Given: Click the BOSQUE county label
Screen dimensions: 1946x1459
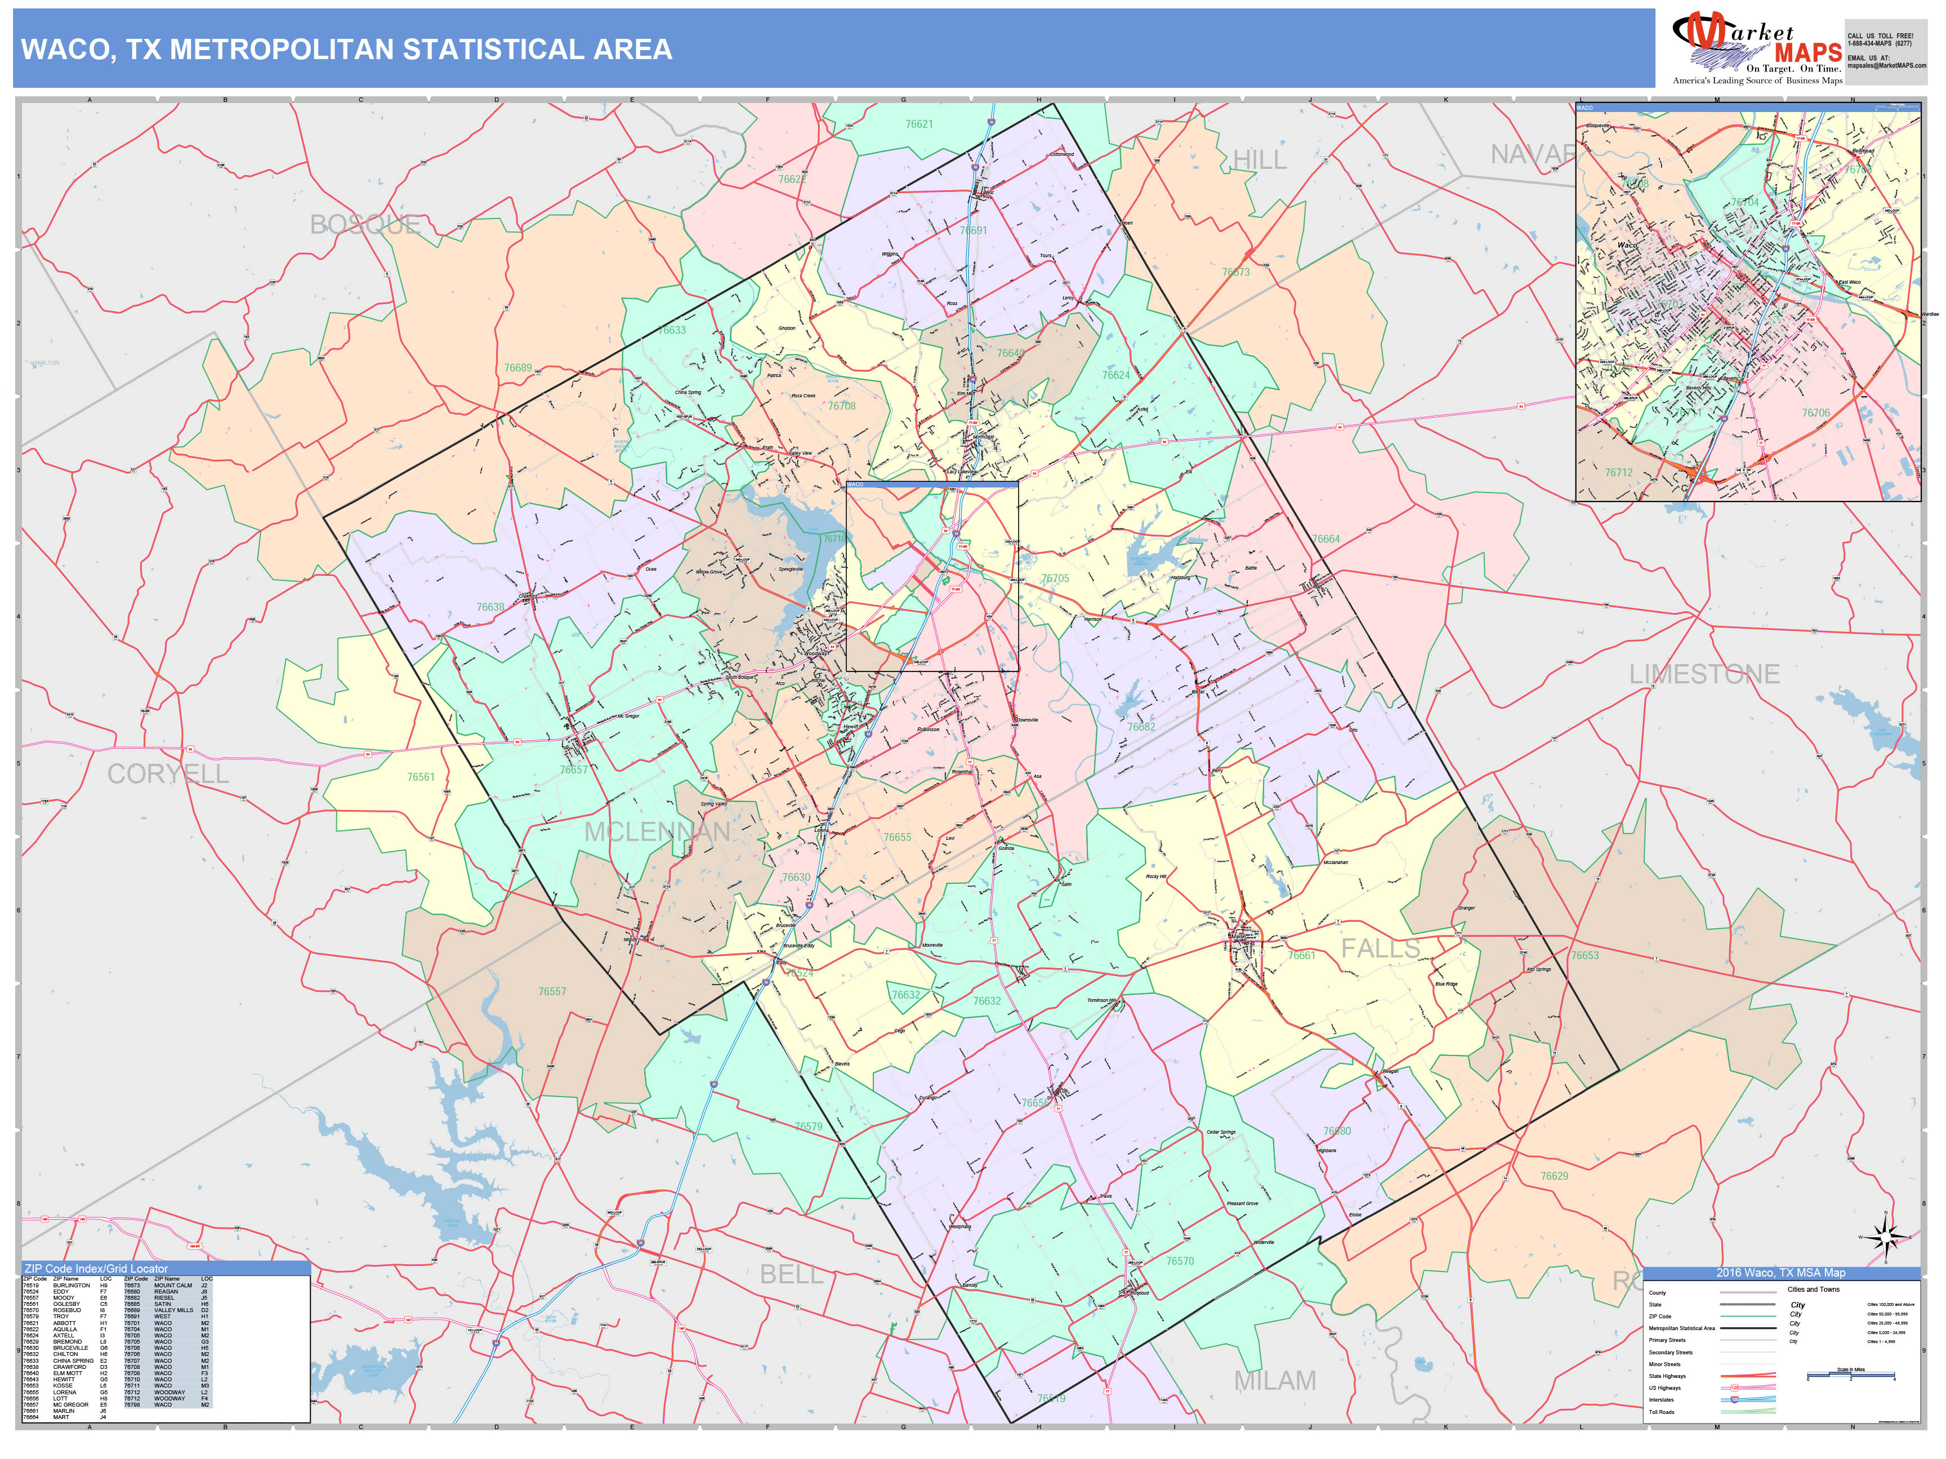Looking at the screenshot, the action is point(365,225).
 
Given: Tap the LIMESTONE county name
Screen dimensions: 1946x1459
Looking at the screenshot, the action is point(1704,674).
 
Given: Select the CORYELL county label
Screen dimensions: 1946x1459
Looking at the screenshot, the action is point(168,774).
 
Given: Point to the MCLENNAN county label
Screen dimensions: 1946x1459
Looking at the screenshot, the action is point(657,832).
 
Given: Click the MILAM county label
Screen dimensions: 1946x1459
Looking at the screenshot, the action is point(1275,1381).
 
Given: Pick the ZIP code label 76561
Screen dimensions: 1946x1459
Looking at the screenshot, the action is point(421,777).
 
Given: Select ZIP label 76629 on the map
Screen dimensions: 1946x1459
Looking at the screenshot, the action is point(1554,1176).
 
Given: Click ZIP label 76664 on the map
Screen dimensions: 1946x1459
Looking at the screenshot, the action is point(1326,539).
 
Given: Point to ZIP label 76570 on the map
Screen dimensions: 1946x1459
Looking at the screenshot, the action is point(1180,1261).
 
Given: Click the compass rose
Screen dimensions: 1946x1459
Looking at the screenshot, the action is point(1885,1238).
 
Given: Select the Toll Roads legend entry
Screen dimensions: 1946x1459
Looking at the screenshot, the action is point(1661,1412).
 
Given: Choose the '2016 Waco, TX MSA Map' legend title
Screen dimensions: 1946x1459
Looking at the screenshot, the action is point(1780,1273).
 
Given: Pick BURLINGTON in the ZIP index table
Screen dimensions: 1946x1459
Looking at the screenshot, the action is point(72,1286).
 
